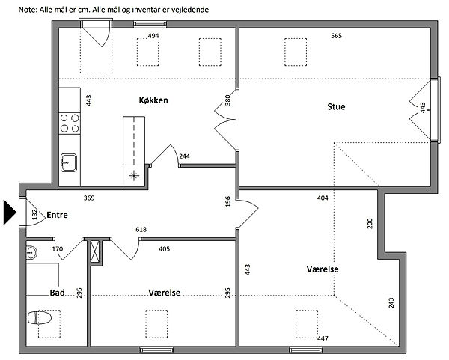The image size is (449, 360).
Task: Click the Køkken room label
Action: [x=153, y=100]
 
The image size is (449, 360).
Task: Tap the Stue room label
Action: [x=336, y=106]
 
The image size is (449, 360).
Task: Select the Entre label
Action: [x=58, y=215]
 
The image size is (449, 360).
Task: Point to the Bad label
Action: [x=58, y=293]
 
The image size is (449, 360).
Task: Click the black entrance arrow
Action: [x=10, y=213]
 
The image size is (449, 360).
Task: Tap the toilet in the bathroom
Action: [x=40, y=318]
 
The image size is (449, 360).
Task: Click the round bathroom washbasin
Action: [x=31, y=253]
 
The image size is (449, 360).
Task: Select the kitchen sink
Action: [x=69, y=162]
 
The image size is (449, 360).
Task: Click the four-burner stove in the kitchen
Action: [x=70, y=123]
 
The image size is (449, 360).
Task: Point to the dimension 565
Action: [x=337, y=36]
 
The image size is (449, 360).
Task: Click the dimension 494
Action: [x=153, y=36]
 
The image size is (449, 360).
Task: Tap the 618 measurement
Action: [x=141, y=230]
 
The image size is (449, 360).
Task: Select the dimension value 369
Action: [x=89, y=198]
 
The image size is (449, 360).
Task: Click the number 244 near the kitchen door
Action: [x=184, y=156]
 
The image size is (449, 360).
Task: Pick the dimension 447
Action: [x=323, y=338]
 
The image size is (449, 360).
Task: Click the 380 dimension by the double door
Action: [x=227, y=100]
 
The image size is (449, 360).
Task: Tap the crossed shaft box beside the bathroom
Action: [x=94, y=251]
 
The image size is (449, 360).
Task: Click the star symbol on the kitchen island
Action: [x=134, y=175]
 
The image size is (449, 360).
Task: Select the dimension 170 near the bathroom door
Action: [x=58, y=249]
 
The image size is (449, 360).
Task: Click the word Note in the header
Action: [x=28, y=10]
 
